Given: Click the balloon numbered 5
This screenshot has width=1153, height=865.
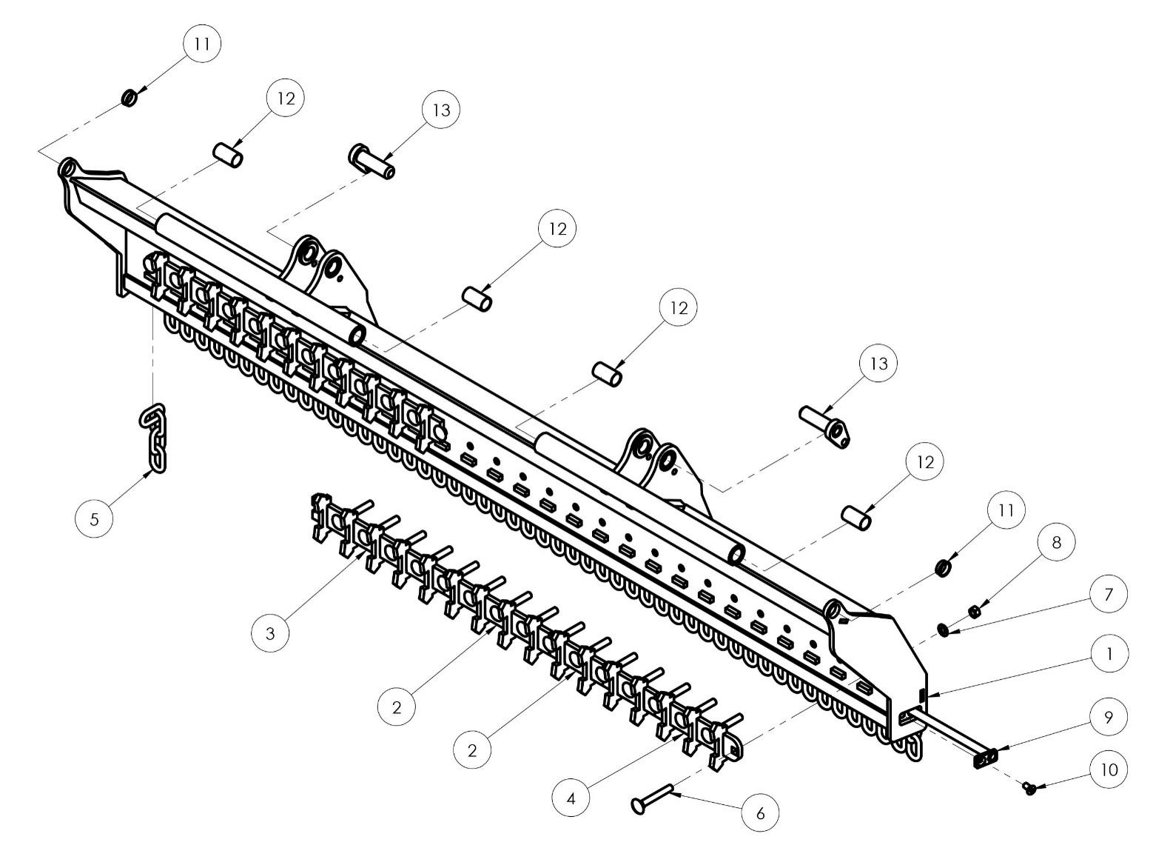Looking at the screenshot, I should pyautogui.click(x=94, y=518).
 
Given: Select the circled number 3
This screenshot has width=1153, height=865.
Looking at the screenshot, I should pyautogui.click(x=270, y=633).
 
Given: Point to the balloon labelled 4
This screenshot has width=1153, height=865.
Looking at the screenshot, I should pyautogui.click(x=571, y=799).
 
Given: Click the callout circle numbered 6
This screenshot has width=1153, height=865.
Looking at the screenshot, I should pyautogui.click(x=761, y=813).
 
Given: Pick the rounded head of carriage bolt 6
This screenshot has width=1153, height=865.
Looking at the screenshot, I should pyautogui.click(x=638, y=804).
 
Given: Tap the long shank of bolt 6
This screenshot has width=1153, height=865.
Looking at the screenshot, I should pyautogui.click(x=659, y=795).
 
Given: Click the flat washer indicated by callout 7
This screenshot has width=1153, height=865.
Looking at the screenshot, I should pyautogui.click(x=944, y=629).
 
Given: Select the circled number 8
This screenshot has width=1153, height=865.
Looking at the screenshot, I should pyautogui.click(x=1056, y=542).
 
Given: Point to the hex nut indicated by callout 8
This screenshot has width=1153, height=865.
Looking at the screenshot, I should pyautogui.click(x=975, y=611).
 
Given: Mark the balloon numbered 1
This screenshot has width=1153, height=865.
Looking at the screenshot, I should pyautogui.click(x=1108, y=654).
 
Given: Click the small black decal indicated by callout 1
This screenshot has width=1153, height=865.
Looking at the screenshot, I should pyautogui.click(x=921, y=695).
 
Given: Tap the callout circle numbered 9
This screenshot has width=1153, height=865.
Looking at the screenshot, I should pyautogui.click(x=1108, y=716).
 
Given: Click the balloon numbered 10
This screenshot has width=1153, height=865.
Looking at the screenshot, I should pyautogui.click(x=1108, y=769).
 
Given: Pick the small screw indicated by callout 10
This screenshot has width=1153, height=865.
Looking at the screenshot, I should pyautogui.click(x=1030, y=789).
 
